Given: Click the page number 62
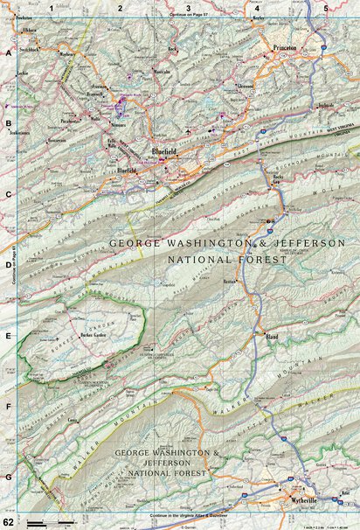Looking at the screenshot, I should click(x=7, y=523).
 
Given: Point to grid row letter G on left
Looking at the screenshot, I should click(x=7, y=477).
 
